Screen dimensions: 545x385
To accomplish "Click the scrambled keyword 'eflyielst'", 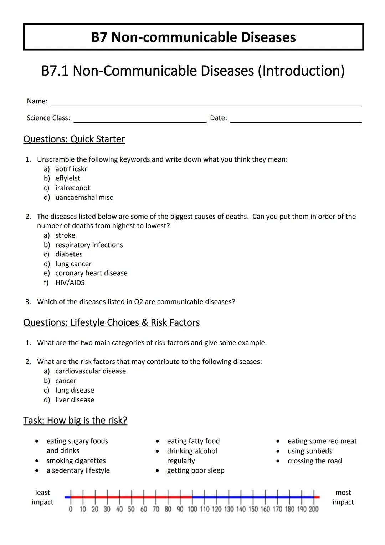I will pyautogui.click(x=68, y=178).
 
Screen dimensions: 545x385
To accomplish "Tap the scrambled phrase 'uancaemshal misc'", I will pyautogui.click(x=84, y=197).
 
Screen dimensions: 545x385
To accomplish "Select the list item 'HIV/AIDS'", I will pyautogui.click(x=70, y=282).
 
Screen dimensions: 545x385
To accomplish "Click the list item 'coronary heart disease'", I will pyautogui.click(x=91, y=273).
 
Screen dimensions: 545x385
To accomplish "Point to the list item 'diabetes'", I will pyautogui.click(x=69, y=254).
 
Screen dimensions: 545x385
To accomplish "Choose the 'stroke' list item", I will pyautogui.click(x=65, y=235).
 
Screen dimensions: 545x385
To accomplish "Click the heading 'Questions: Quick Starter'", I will pyautogui.click(x=74, y=139).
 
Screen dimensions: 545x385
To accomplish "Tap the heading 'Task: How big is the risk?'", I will pyautogui.click(x=75, y=421).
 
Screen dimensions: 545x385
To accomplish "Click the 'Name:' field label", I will pyautogui.click(x=37, y=101).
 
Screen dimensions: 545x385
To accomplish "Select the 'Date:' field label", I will pyautogui.click(x=219, y=118).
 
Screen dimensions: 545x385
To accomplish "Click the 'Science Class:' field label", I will pyautogui.click(x=48, y=118).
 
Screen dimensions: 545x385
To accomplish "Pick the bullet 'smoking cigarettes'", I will pyautogui.click(x=76, y=461).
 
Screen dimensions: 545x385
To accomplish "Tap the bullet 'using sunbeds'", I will pyautogui.click(x=310, y=451).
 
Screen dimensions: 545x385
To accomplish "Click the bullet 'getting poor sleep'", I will pyautogui.click(x=196, y=470).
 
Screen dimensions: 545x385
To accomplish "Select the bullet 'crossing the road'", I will pyautogui.click(x=315, y=461).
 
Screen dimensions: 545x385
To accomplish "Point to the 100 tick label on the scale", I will pyautogui.click(x=192, y=509).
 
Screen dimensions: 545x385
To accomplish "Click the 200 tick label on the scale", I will pyautogui.click(x=314, y=509).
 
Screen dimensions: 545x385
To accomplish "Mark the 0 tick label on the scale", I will pyautogui.click(x=71, y=509).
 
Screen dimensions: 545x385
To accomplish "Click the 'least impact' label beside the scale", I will pyautogui.click(x=42, y=497).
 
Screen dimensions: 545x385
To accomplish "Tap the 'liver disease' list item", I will pyautogui.click(x=75, y=400).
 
